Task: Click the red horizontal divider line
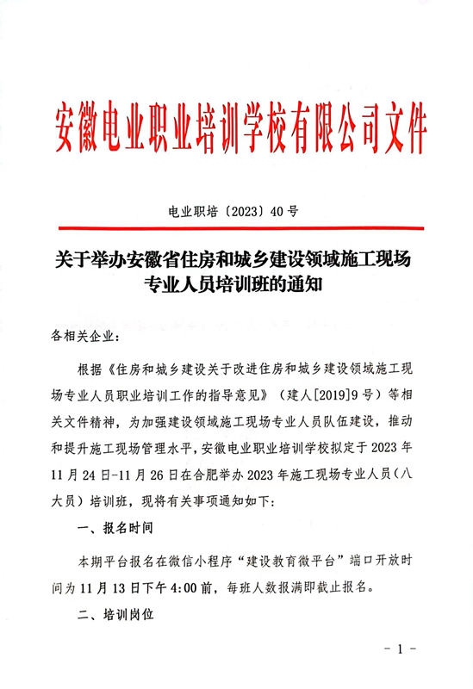237,228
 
